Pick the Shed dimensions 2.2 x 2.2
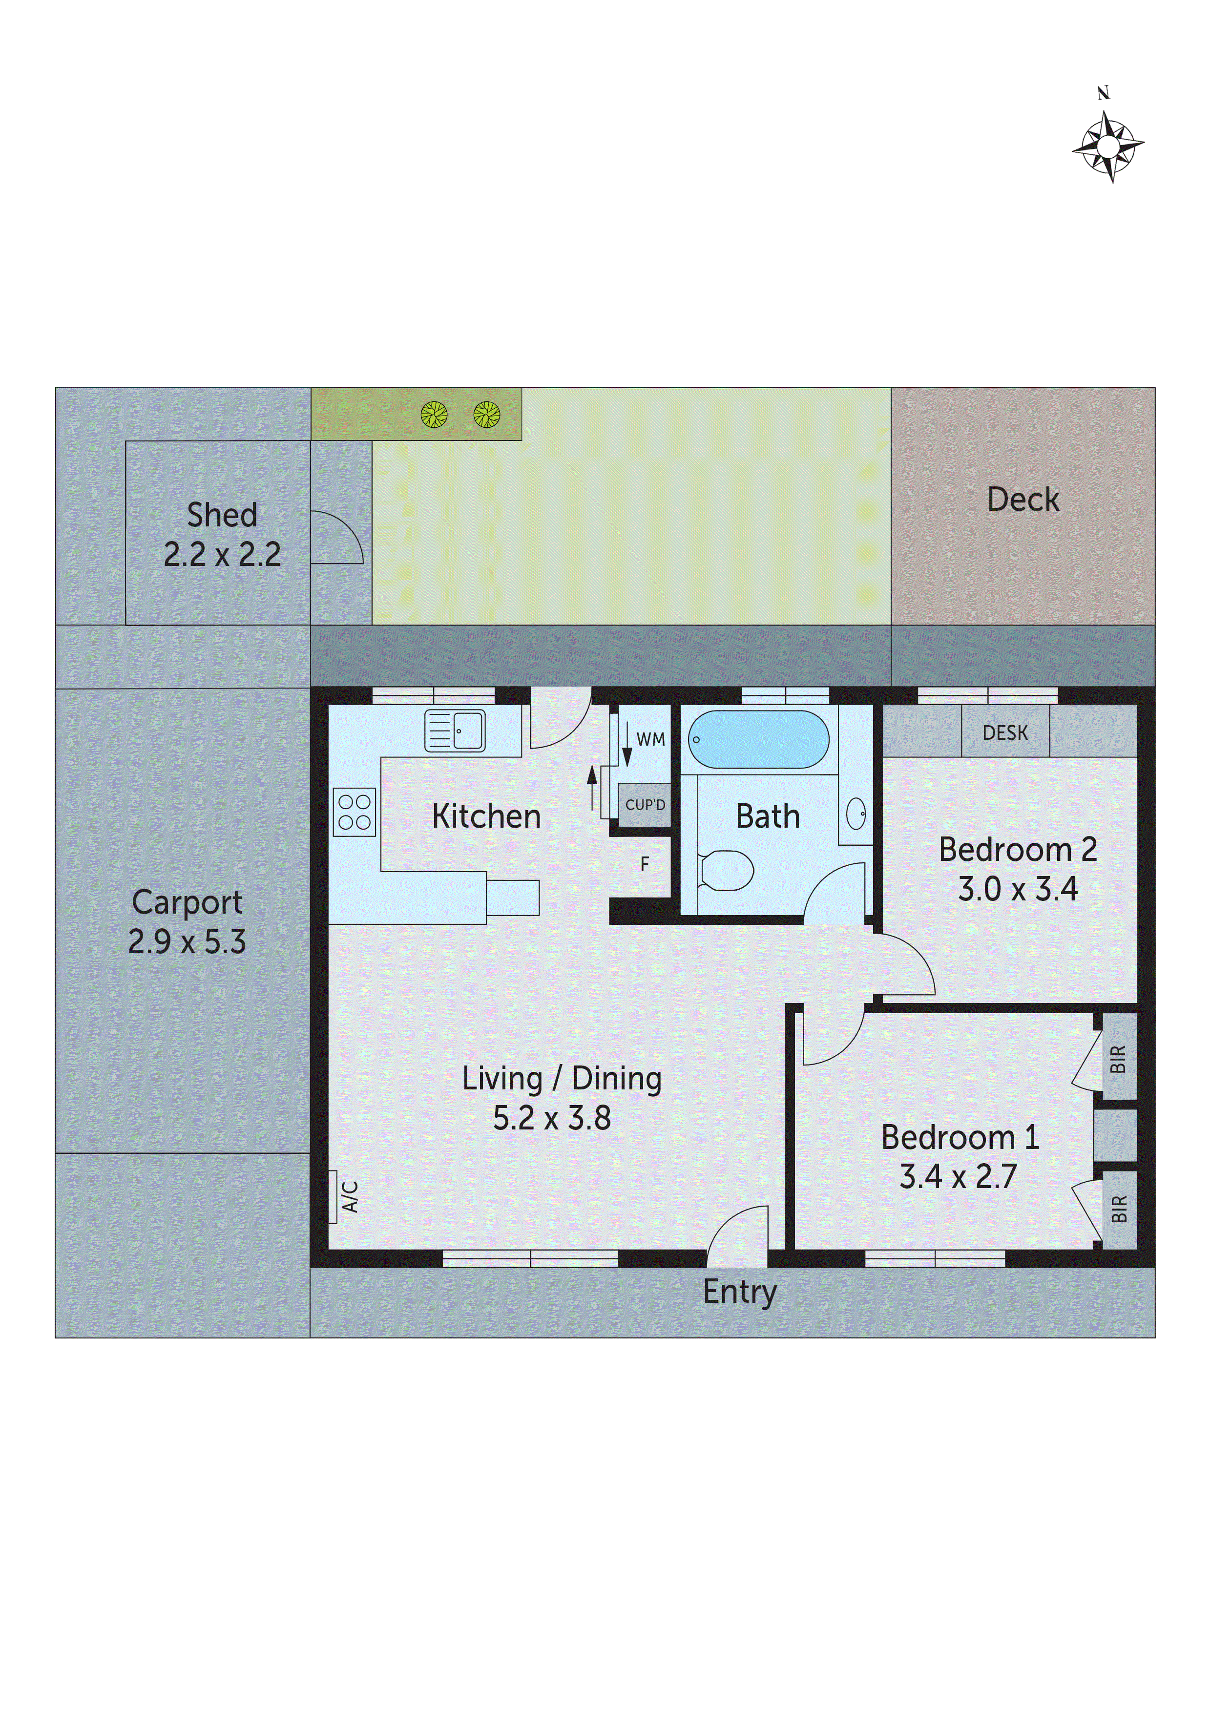(x=222, y=554)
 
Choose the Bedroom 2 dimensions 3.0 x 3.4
(x=1018, y=889)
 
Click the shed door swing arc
(x=339, y=537)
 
